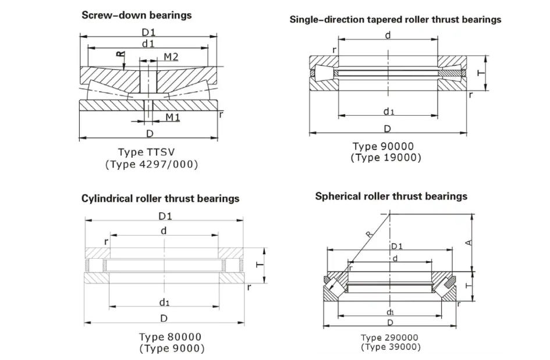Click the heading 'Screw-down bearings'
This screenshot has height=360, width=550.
click(x=136, y=15)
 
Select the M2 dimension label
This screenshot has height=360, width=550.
click(x=171, y=56)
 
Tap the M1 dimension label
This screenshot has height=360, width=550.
click(x=172, y=117)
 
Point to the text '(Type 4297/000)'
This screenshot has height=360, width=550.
click(x=151, y=165)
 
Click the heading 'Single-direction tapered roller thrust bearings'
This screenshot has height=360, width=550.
click(x=395, y=20)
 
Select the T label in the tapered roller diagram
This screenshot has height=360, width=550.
click(x=480, y=73)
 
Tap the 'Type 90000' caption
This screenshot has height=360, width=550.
click(x=386, y=146)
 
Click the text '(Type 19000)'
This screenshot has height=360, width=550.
click(x=386, y=158)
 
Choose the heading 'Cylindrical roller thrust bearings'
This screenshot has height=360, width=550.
click(x=160, y=198)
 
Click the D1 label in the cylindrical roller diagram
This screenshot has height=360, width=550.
click(x=165, y=216)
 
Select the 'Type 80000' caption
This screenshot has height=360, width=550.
click(x=170, y=337)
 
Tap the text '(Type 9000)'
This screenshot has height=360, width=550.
click(x=172, y=348)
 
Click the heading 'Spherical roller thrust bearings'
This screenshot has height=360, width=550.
click(x=391, y=196)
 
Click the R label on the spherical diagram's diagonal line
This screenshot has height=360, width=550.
click(x=368, y=236)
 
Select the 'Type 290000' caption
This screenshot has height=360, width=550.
click(x=389, y=337)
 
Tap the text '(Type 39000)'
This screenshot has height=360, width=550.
click(x=389, y=347)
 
